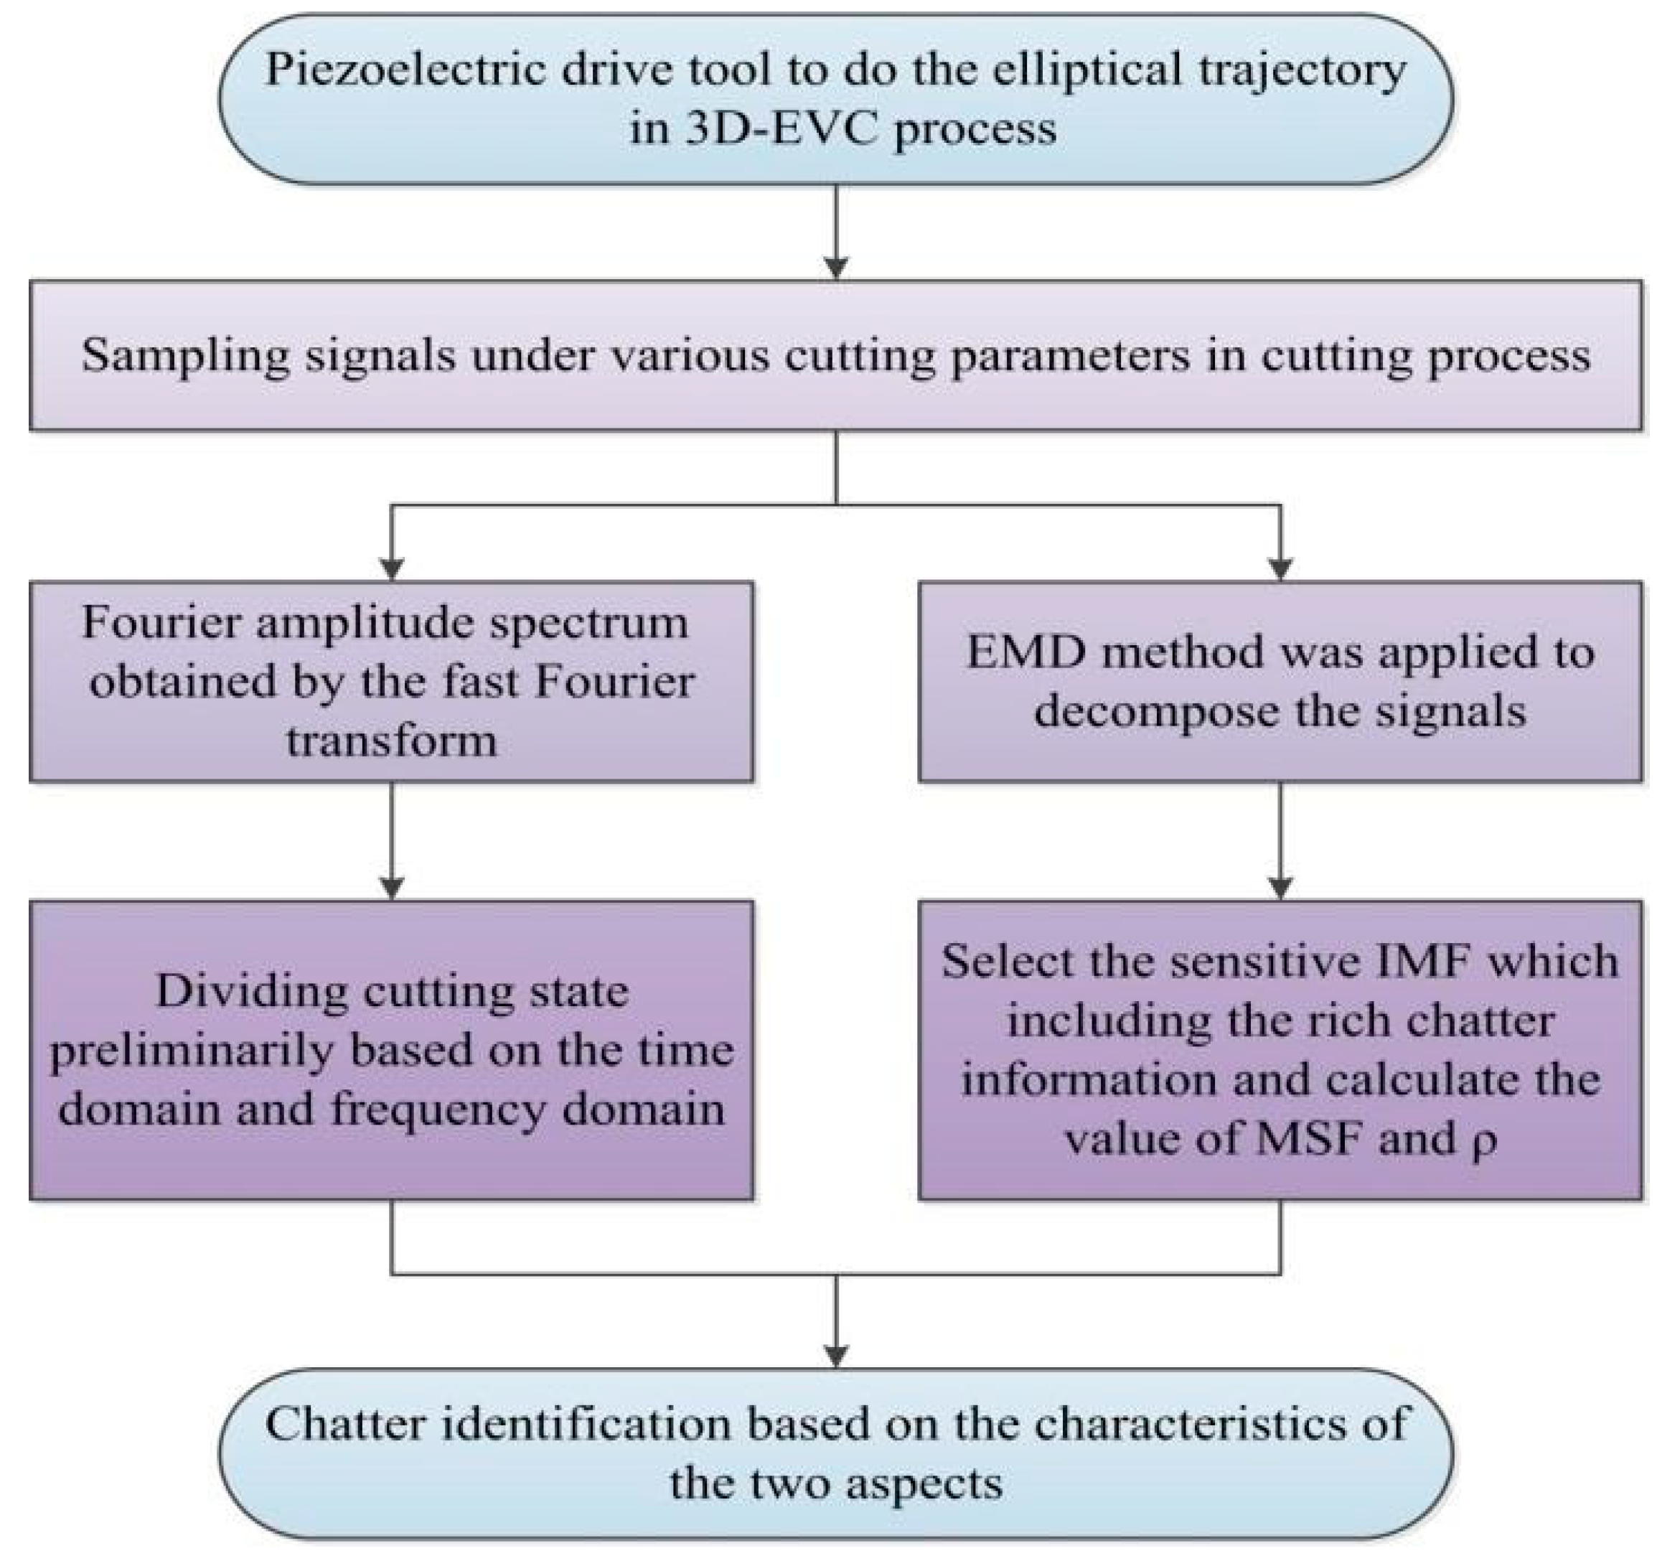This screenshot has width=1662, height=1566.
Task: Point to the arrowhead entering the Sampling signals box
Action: pos(836,268)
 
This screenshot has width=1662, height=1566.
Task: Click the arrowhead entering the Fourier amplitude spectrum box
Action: pos(391,568)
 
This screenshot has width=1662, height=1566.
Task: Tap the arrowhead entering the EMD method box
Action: pos(1280,568)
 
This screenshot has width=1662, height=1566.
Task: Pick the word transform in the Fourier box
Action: pos(391,741)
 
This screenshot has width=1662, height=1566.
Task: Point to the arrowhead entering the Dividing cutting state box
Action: pos(391,887)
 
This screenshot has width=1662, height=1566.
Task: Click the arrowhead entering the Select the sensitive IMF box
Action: pos(1280,887)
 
